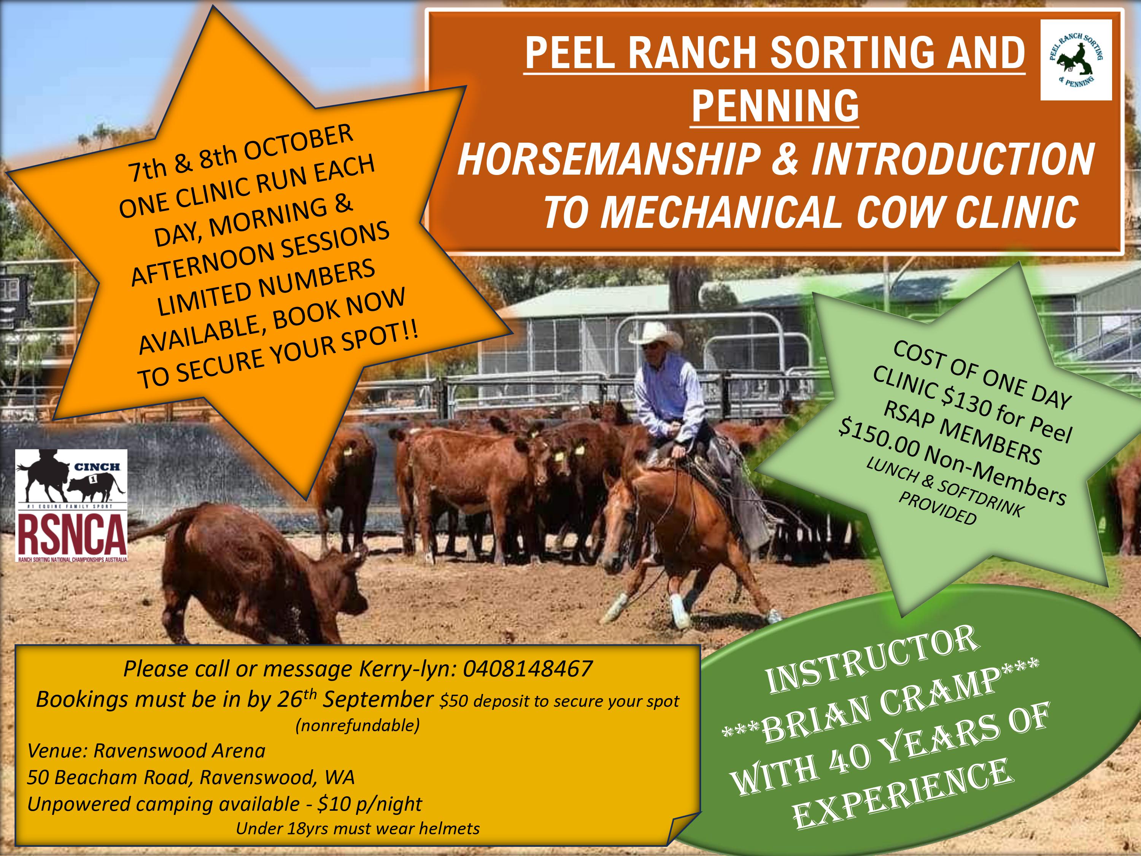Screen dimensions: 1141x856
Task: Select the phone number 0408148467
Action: (x=527, y=669)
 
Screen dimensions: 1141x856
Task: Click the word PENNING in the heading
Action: (x=775, y=105)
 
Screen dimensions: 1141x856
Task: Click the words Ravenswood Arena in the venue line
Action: (x=179, y=751)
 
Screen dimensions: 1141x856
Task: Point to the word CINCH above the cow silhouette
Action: (x=97, y=466)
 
